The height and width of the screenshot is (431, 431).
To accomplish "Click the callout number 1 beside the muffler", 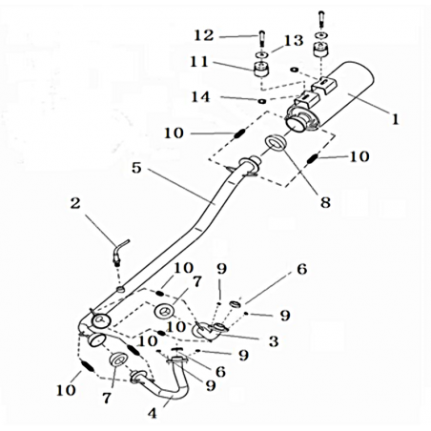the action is click(395, 120).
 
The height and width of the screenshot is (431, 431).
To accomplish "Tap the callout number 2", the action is click(75, 203).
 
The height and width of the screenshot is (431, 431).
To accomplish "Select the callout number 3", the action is click(274, 341).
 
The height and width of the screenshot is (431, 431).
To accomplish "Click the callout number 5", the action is click(136, 168).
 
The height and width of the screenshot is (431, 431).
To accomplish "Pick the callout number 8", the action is click(325, 202).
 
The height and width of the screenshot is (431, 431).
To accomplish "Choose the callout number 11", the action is click(199, 62).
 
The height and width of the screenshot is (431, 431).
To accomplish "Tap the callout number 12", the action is click(204, 35).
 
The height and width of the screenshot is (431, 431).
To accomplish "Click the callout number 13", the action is click(294, 41).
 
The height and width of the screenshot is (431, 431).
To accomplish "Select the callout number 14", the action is click(200, 97).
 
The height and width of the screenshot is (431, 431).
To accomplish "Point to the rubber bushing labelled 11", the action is click(261, 70).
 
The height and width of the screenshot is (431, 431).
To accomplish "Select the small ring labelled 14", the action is click(262, 101).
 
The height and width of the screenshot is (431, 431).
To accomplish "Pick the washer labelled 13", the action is click(261, 55).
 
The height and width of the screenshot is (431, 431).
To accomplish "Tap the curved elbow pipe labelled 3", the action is click(208, 331).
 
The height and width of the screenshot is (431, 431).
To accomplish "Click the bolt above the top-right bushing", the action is click(321, 19).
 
